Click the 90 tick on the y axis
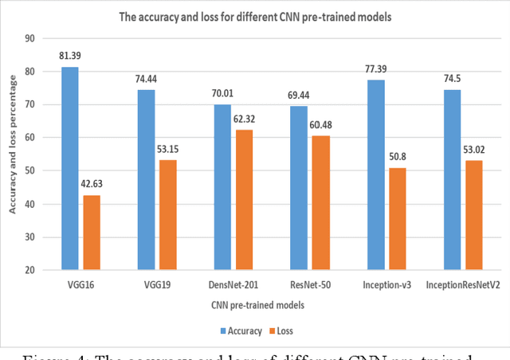29,37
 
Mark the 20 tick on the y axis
29,270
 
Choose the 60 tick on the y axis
29,137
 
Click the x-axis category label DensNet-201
236,285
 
